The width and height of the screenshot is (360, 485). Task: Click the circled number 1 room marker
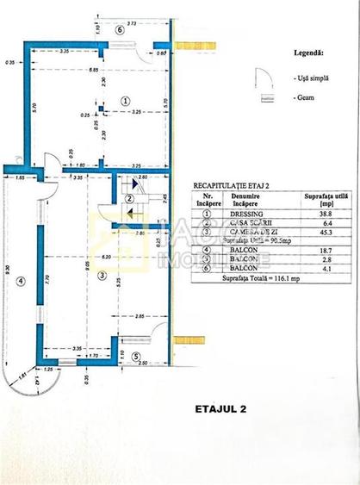pyautogui.click(x=126, y=101)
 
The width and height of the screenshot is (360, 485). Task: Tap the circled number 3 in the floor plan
pyautogui.click(x=102, y=276)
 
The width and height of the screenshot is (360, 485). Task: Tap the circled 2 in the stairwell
pyautogui.click(x=127, y=200)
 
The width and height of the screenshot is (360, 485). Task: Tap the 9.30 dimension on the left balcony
pyautogui.click(x=6, y=268)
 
